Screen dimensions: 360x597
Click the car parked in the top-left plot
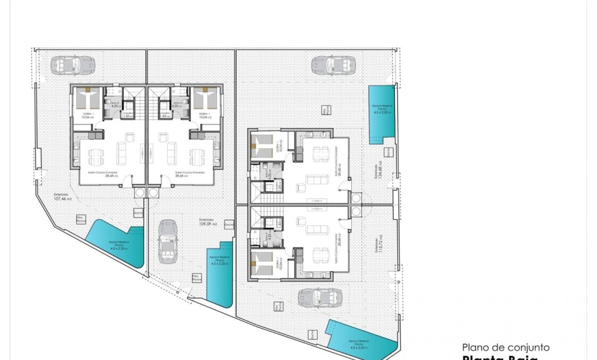point(73,66)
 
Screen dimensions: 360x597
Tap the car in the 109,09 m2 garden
point(167,242)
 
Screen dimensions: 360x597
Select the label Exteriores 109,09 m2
point(207,221)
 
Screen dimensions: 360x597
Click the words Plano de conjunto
point(505,347)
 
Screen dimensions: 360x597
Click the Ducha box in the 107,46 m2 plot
point(139,213)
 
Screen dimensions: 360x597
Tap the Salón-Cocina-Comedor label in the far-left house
point(103,174)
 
